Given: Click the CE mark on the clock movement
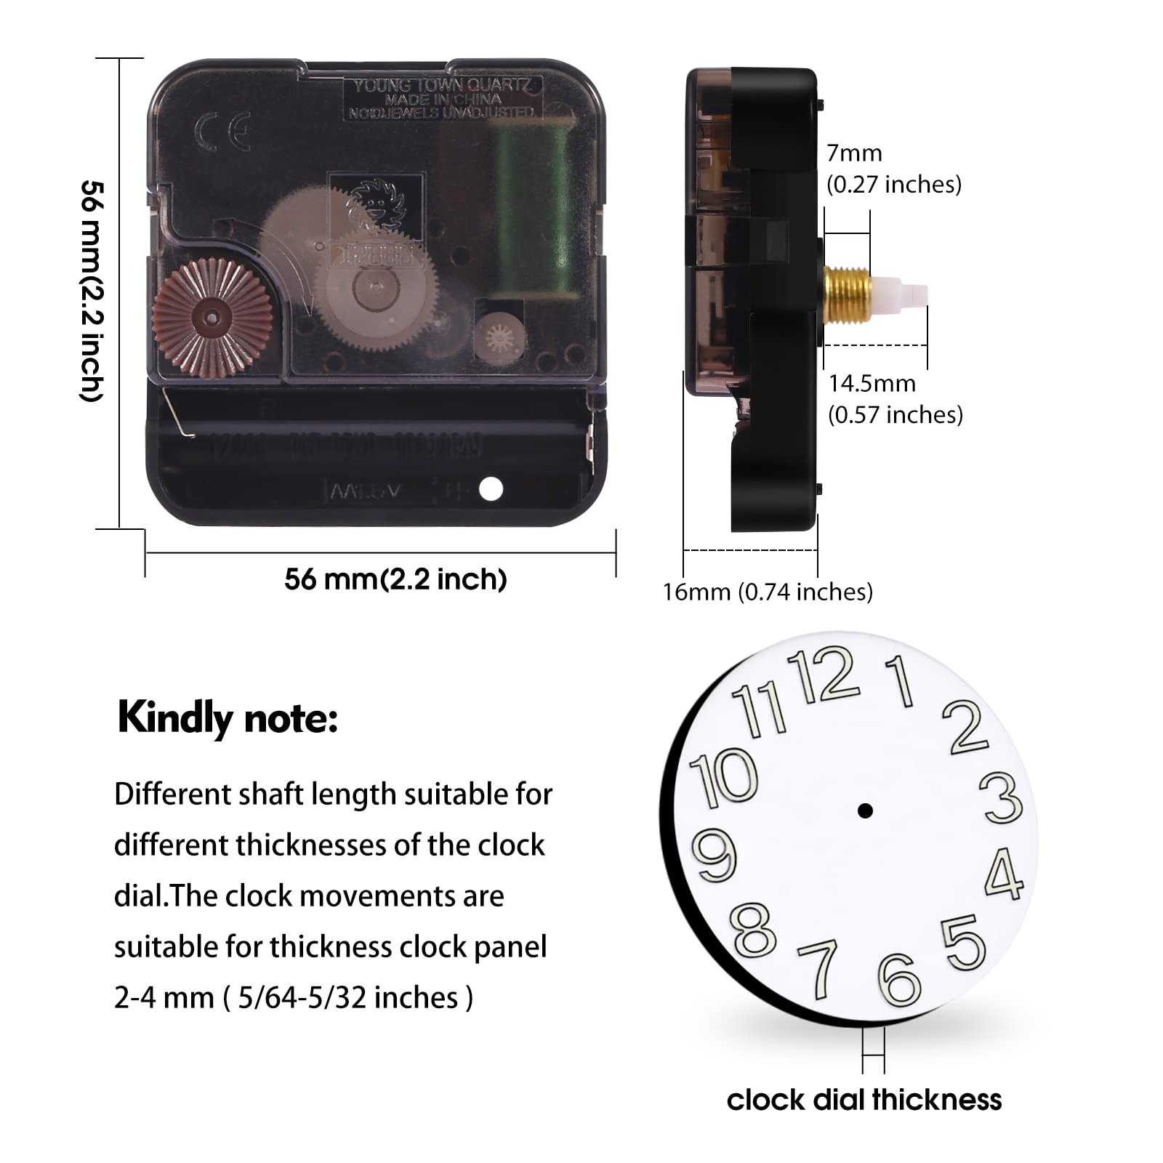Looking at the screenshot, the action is click(222, 131).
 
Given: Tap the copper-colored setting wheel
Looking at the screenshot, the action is click(212, 318).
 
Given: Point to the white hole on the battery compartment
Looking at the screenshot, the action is click(491, 488).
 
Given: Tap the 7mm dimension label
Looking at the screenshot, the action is click(855, 153).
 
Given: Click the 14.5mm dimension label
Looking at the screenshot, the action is click(872, 383).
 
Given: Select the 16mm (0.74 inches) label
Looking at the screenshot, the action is click(768, 592).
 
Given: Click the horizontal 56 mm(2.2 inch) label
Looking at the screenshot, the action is click(395, 579).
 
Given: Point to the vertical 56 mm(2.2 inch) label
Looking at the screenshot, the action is click(92, 291).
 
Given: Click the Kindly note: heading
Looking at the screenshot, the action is click(228, 718).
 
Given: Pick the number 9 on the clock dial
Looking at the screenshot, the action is click(716, 855).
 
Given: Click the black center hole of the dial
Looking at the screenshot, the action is click(865, 810).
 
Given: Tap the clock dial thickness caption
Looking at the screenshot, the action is click(864, 1100).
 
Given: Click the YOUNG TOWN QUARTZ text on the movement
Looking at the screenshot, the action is click(442, 86).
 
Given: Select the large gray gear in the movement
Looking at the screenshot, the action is click(375, 287).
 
